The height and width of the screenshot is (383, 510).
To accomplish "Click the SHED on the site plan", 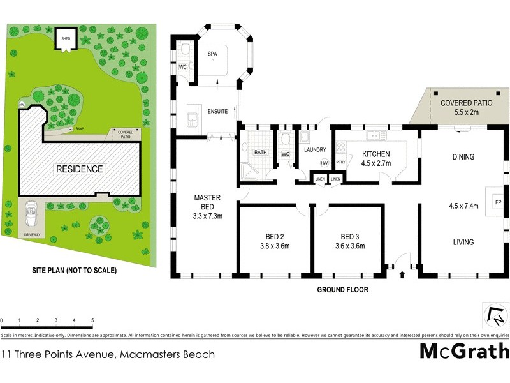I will coord(66,38).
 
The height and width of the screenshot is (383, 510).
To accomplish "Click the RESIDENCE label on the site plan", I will coord(79,169).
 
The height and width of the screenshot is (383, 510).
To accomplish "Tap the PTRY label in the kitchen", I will coord(340,163).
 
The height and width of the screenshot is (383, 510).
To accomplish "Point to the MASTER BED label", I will coord(208,202).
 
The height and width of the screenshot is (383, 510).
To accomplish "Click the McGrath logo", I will coord(463,352).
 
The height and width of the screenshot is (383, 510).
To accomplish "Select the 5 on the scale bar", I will coord(92,320).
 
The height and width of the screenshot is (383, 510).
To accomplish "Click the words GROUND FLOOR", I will coord(342,289).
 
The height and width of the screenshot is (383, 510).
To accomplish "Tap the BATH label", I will coord(260,153).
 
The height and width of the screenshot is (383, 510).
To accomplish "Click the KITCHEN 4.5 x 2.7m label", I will coord(375,158).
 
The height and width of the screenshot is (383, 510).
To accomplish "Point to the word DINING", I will coord(463,156).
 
